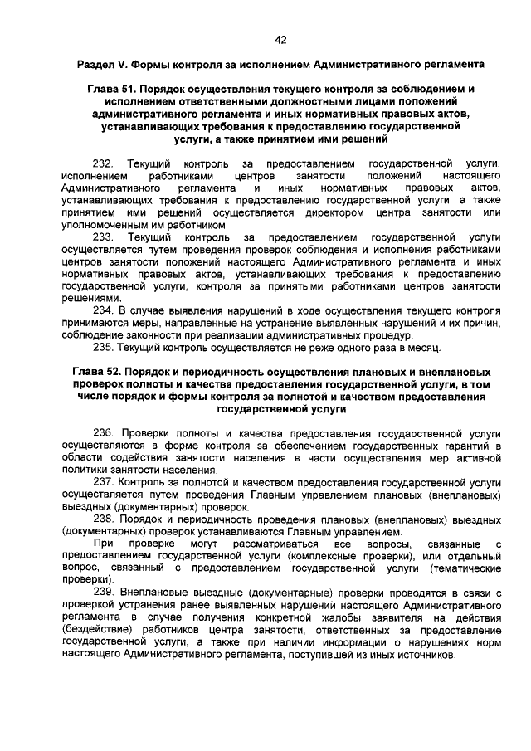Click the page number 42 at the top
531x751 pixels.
[280, 39]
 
